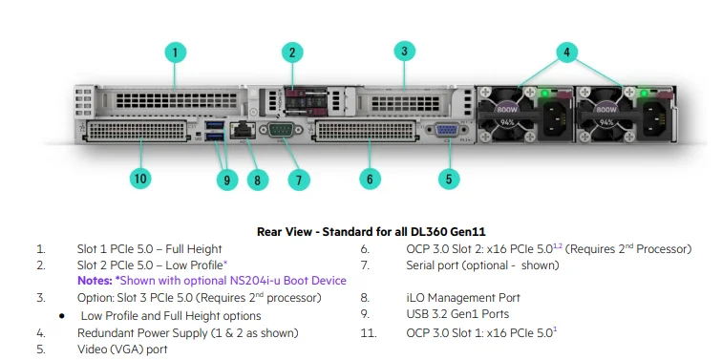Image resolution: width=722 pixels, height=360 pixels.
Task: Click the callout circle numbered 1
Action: click(175, 53)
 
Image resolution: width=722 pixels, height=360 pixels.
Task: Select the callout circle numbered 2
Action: click(293, 53)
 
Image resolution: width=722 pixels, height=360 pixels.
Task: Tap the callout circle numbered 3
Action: click(404, 52)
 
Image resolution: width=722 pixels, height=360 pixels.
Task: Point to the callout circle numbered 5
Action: click(449, 177)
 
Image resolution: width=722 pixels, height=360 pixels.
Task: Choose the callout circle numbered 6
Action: click(370, 178)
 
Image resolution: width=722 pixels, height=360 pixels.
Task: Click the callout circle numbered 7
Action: click(299, 179)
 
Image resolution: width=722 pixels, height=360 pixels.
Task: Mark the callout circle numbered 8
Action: click(256, 178)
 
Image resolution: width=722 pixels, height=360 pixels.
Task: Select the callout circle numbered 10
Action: click(141, 178)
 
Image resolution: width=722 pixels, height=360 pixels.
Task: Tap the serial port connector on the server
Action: click(280, 132)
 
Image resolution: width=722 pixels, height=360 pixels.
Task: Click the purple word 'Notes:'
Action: click(95, 280)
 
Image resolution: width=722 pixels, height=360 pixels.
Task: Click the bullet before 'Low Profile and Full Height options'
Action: click(62, 316)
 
